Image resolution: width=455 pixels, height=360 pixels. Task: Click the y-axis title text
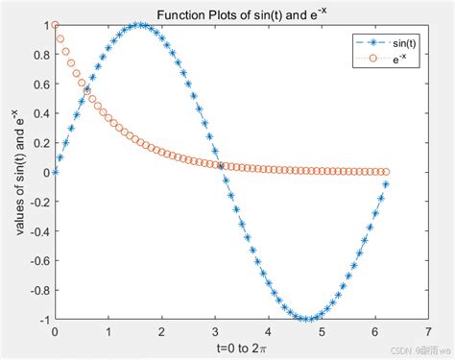coord(19,172)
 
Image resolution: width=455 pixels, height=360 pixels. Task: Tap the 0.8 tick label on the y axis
coord(40,55)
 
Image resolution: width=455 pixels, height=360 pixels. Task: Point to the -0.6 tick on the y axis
coord(37,260)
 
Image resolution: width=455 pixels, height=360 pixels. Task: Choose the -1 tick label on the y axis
coord(43,320)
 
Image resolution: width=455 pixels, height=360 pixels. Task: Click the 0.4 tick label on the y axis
coord(40,113)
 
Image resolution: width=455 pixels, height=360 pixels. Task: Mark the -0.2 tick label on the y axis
coord(37,202)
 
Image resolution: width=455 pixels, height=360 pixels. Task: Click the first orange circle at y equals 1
coord(56,25)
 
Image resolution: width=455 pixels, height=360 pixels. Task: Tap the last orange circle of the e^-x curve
coord(386,172)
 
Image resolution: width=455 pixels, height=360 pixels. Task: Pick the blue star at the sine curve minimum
coord(306,319)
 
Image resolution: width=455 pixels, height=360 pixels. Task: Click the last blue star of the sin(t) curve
coord(386,184)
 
